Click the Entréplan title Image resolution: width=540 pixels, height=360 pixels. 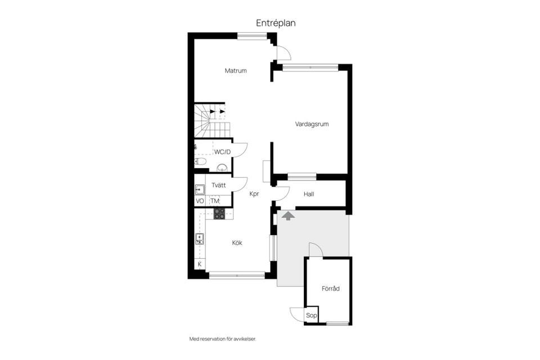pos(276,23)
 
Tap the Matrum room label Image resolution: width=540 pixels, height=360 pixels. pos(236,71)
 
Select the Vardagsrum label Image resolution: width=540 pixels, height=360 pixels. pos(312,124)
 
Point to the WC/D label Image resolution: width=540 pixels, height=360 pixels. pos(223,152)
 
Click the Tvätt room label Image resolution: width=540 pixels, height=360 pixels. pos(219,185)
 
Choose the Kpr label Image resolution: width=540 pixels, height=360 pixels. pos(254,194)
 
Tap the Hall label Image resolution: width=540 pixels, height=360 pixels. pos(309,194)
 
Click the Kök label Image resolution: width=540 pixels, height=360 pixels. pos(237,243)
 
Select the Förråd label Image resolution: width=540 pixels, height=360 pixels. pos(331,289)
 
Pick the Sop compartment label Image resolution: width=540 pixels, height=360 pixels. pos(311,315)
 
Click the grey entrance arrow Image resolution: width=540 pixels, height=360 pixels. pos(288,216)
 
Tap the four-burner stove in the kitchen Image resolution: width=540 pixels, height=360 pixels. pos(219,214)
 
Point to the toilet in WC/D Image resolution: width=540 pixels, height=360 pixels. pos(200,161)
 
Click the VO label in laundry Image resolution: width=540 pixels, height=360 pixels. pos(200,201)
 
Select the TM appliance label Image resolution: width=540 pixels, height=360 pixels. pos(215,201)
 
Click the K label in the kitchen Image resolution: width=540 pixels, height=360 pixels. pos(200,264)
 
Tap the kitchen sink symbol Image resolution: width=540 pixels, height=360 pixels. pos(199,238)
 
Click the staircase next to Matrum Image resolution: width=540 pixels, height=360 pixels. pos(210,120)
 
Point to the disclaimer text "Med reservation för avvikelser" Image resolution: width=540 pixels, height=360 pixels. pos(223,339)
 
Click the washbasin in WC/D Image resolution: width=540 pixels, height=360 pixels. pos(222,168)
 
